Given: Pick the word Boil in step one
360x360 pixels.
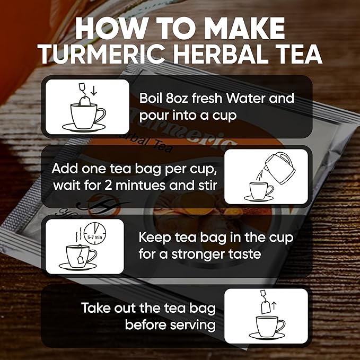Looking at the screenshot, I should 152,99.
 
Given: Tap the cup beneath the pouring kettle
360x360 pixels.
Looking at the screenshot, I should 261,191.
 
